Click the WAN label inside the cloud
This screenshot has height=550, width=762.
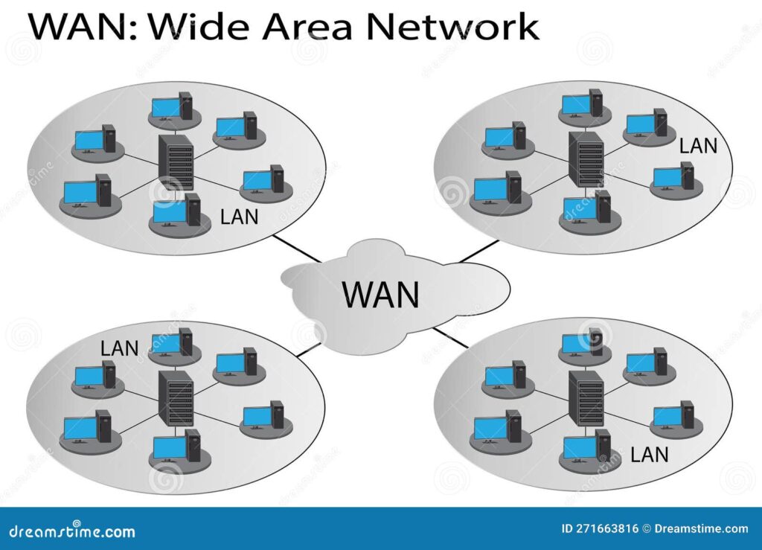point(380,293)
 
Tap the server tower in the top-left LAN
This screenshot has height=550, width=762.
point(176,162)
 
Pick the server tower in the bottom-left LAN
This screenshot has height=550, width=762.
point(176,399)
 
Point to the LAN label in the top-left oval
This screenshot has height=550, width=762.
point(240,217)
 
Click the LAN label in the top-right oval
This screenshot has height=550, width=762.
point(698,145)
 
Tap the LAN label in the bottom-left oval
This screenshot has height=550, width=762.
point(120,347)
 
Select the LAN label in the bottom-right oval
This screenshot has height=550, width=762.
point(649,453)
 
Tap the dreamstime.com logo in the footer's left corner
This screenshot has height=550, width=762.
point(69,531)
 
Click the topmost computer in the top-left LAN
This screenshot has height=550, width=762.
point(170,108)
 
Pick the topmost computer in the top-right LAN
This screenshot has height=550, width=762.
point(581,103)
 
